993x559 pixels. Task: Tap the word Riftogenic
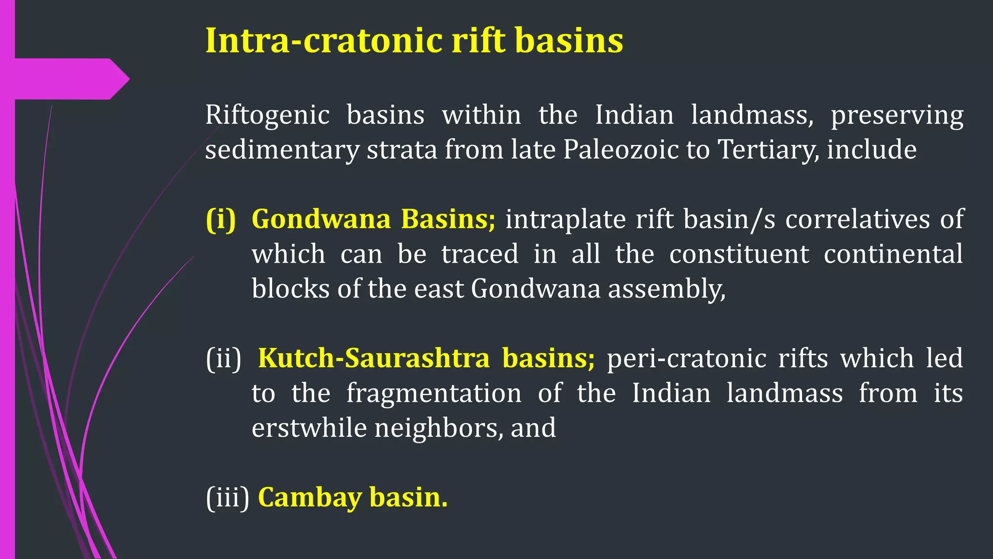coord(267,115)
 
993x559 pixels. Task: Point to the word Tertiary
coord(769,149)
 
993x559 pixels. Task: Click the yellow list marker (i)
coord(221,219)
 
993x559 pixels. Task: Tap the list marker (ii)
coord(224,359)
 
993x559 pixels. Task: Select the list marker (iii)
coord(227,497)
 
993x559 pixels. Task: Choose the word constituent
coord(739,254)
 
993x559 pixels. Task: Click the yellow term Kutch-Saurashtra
coord(374,359)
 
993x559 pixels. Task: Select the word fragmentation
coord(434,394)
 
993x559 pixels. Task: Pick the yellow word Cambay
coord(309,498)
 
